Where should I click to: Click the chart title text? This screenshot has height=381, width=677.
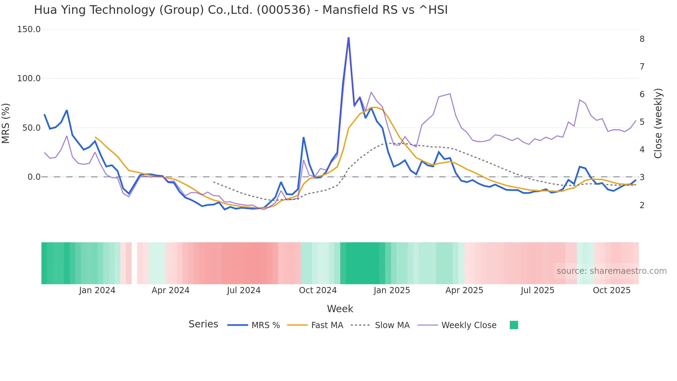(x=241, y=10)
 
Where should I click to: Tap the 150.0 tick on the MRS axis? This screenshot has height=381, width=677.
(x=29, y=29)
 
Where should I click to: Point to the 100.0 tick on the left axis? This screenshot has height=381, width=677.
(x=29, y=78)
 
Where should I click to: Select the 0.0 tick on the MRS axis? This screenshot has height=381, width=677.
(x=34, y=177)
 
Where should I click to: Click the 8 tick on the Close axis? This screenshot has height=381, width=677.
(x=642, y=39)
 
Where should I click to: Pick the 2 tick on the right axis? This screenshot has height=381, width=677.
(x=642, y=205)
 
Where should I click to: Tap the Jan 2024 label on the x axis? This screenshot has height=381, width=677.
(x=97, y=290)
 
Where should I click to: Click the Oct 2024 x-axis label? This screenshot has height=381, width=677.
(x=318, y=290)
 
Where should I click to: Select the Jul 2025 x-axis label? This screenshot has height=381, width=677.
(x=537, y=290)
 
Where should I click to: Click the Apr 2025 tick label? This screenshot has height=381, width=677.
(x=464, y=290)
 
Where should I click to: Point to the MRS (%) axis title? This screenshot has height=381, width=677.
(x=6, y=123)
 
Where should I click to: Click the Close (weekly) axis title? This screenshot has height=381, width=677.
(x=658, y=123)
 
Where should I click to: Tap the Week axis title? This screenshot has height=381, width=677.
(x=340, y=309)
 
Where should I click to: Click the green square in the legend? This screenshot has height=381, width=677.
(x=514, y=325)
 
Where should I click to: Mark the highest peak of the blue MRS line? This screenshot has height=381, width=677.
(x=349, y=38)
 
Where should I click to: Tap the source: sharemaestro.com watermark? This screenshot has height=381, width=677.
(x=611, y=271)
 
